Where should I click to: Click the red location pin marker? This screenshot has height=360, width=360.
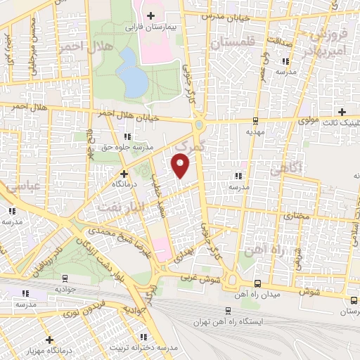point(181,166)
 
